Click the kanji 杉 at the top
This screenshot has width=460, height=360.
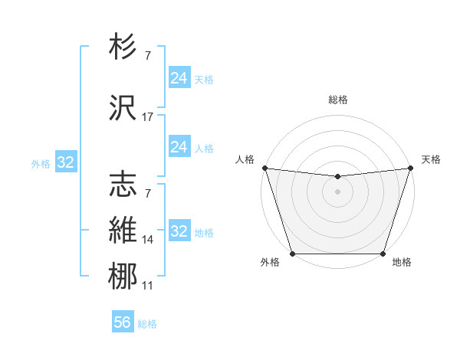pyautogui.click(x=123, y=47)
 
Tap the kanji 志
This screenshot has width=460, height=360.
pyautogui.click(x=123, y=184)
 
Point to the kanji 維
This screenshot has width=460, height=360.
pyautogui.click(x=123, y=229)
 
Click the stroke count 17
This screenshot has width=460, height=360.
pyautogui.click(x=148, y=117)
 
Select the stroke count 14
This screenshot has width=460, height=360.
pyautogui.click(x=148, y=240)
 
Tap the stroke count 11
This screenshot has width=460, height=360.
pyautogui.click(x=148, y=286)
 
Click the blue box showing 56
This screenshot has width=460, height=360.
pyautogui.click(x=123, y=322)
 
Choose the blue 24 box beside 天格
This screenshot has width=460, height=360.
pyautogui.click(x=179, y=78)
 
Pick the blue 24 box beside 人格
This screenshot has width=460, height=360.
pyautogui.click(x=179, y=147)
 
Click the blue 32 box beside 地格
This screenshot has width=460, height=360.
pyautogui.click(x=179, y=231)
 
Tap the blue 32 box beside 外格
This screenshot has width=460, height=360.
pyautogui.click(x=65, y=162)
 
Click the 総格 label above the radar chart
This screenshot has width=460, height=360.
pyautogui.click(x=338, y=100)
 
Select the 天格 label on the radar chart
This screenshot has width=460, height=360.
pyautogui.click(x=431, y=159)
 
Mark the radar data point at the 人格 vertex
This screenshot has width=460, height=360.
pyautogui.click(x=264, y=168)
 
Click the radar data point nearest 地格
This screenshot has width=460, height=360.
pyautogui.click(x=383, y=254)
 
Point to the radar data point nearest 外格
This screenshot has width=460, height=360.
pyautogui.click(x=292, y=254)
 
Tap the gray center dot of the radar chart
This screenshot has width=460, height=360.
pyautogui.click(x=337, y=191)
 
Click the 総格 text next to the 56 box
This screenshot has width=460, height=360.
pyautogui.click(x=147, y=323)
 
